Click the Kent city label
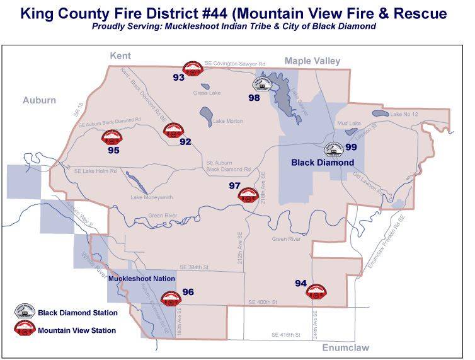click(x=120, y=56)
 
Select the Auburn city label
click(x=39, y=100)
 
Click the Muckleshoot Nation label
click(x=142, y=277)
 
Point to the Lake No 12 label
click(x=404, y=114)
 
